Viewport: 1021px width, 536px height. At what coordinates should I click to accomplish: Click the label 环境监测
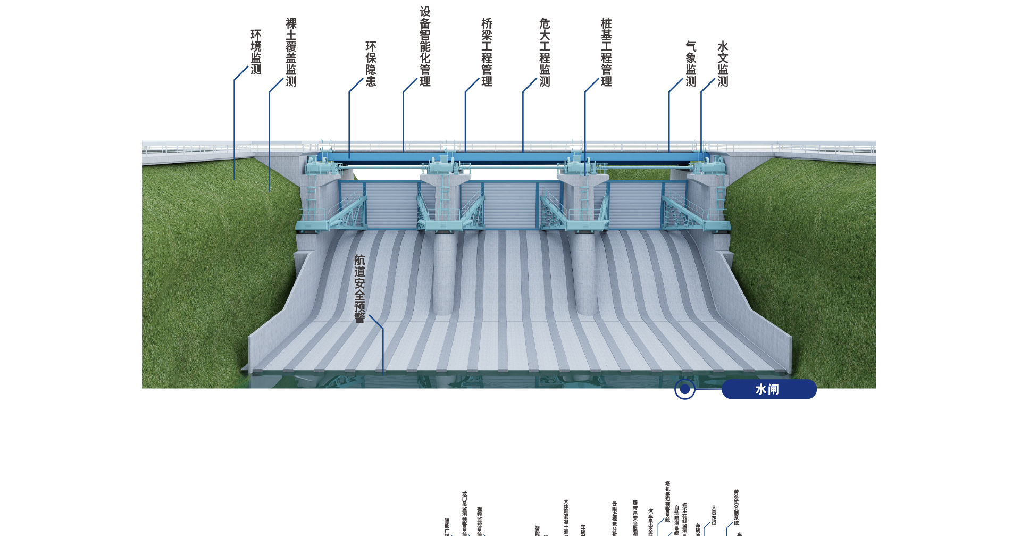point(256,52)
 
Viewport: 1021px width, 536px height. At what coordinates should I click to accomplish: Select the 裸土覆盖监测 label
point(291,52)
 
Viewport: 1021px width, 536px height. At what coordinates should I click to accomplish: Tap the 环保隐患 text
point(371,64)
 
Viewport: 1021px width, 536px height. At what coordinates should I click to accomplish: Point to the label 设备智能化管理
point(425,46)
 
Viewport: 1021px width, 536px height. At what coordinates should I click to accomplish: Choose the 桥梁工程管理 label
point(487,52)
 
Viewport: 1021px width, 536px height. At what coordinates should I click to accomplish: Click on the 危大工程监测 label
point(545,52)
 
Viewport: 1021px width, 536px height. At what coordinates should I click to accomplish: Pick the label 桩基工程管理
point(606,52)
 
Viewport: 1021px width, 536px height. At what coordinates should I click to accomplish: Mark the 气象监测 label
point(691,64)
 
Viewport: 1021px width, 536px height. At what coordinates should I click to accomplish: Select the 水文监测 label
point(723,64)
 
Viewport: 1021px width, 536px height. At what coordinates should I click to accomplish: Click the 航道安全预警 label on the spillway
point(359,289)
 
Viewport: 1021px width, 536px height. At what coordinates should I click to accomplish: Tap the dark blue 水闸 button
point(768,389)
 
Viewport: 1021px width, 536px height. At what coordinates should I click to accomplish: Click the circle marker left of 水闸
point(685,389)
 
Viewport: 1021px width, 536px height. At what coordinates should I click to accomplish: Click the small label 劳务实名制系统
point(737,508)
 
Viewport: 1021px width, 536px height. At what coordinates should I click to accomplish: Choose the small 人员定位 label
point(714,515)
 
